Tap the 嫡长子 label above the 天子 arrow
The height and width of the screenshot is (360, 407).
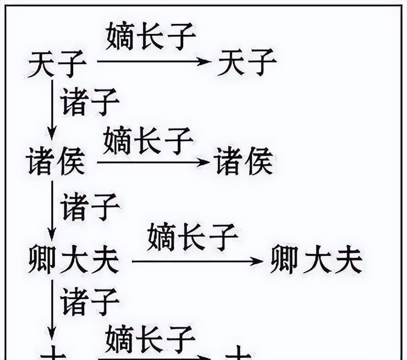[x=151, y=37]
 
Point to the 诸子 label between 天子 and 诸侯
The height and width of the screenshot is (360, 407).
[x=90, y=102]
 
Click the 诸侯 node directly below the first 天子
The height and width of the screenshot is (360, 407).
[x=56, y=162]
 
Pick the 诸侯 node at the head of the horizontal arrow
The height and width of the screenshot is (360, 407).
[x=244, y=162]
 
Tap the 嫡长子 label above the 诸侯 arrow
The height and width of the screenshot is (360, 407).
[x=148, y=139]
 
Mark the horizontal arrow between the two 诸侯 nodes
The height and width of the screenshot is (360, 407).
[x=152, y=161]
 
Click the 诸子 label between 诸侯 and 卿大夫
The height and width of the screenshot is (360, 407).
[x=90, y=207]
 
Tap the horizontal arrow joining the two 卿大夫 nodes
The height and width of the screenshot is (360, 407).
[x=197, y=261]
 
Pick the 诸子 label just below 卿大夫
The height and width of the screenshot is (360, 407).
[x=90, y=301]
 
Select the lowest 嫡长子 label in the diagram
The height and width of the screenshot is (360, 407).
[x=150, y=336]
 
